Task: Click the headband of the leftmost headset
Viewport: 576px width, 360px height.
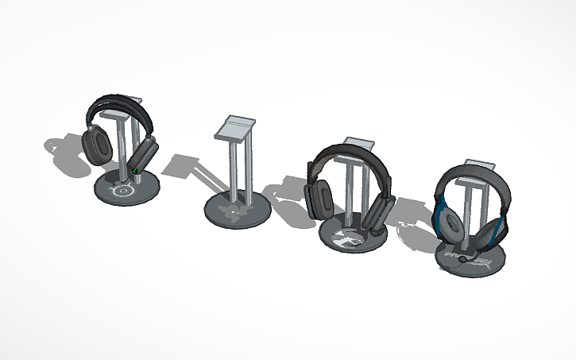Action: [x=119, y=106]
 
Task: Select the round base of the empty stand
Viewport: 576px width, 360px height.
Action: [x=237, y=211]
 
